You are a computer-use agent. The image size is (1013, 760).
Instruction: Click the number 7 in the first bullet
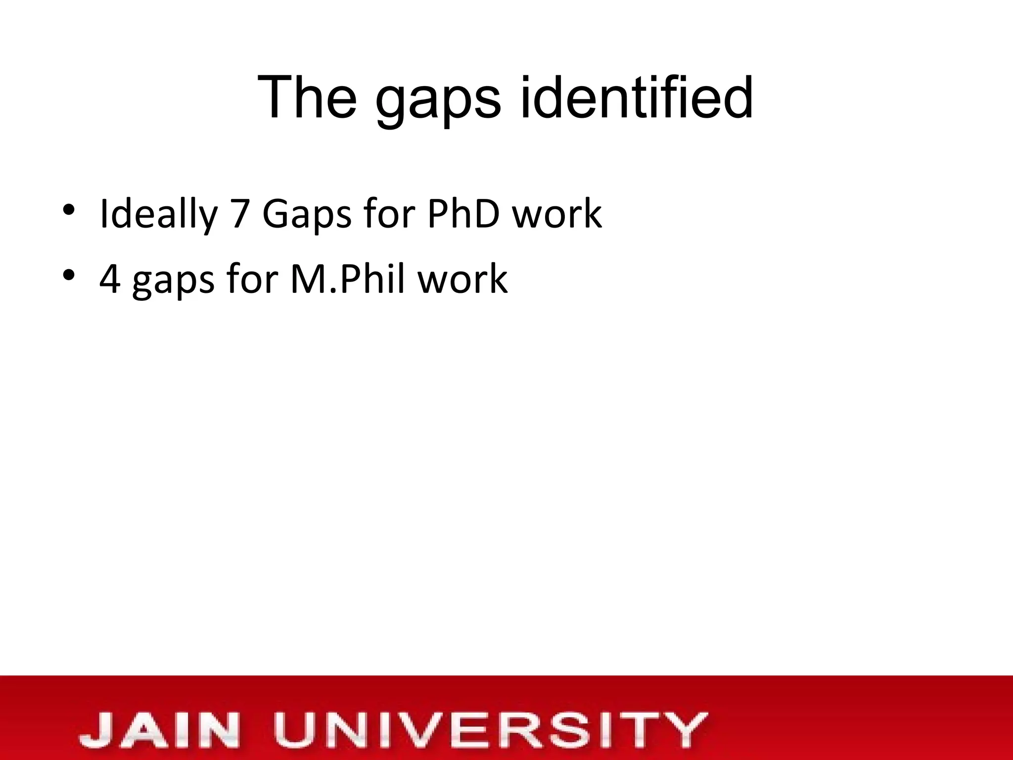click(x=240, y=214)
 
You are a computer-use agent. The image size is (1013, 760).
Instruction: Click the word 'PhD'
click(x=463, y=213)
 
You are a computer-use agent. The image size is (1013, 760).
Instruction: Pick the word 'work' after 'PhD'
click(x=557, y=213)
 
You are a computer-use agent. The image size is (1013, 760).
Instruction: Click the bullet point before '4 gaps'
click(x=69, y=277)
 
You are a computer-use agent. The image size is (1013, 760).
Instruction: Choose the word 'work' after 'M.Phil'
click(x=462, y=279)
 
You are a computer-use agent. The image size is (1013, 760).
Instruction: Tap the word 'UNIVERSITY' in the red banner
click(x=490, y=730)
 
